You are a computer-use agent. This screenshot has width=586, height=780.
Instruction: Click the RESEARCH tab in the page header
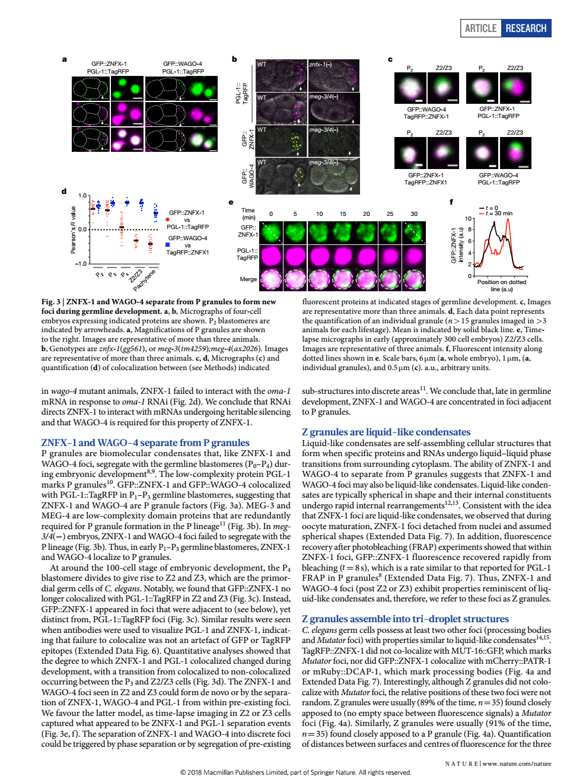pyautogui.click(x=526, y=28)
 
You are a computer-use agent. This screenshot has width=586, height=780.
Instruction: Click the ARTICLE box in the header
pyautogui.click(x=480, y=28)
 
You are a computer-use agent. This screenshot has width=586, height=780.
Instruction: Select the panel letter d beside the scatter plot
pyautogui.click(x=64, y=192)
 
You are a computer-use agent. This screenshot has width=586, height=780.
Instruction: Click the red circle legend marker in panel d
pyautogui.click(x=168, y=219)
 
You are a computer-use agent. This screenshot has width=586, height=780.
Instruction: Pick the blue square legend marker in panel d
pyautogui.click(x=168, y=244)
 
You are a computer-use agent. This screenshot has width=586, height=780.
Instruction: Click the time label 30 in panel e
pyautogui.click(x=414, y=214)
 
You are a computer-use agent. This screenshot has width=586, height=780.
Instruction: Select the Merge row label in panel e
pyautogui.click(x=248, y=279)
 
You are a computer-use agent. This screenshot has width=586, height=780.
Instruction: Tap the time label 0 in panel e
pyautogui.click(x=271, y=214)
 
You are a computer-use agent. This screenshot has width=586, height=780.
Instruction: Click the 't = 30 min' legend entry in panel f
pyautogui.click(x=498, y=214)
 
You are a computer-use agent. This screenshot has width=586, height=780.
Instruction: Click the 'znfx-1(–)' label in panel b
pyautogui.click(x=320, y=64)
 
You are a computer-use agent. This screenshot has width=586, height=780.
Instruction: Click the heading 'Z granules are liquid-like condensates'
pyautogui.click(x=386, y=432)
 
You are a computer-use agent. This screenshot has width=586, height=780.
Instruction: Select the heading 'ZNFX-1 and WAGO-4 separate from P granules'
pyautogui.click(x=145, y=442)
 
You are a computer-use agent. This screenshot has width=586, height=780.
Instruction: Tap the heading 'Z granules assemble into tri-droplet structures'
pyautogui.click(x=405, y=619)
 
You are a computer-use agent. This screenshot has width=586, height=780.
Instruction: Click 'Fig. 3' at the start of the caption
pyautogui.click(x=51, y=302)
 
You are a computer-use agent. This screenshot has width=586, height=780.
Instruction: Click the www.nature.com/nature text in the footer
pyautogui.click(x=517, y=763)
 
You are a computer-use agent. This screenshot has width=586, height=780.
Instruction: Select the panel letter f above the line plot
pyautogui.click(x=451, y=202)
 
